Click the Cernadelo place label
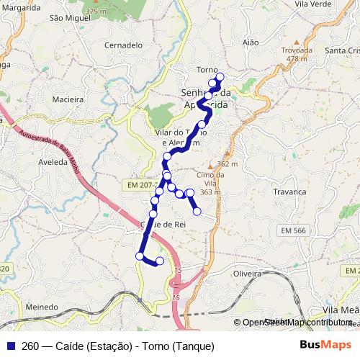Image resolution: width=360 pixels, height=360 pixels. click(123, 45)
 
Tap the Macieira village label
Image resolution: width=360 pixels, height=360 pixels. click(68, 99)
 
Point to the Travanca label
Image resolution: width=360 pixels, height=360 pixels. click(290, 192)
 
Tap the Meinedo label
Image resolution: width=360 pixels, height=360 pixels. click(41, 307)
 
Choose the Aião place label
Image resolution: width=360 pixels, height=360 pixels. click(251, 43)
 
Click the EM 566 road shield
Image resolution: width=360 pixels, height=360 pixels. click(292, 230)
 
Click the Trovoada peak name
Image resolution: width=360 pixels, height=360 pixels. click(297, 50)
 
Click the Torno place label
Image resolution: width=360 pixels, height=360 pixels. click(207, 70)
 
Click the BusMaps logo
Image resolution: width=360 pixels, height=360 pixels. click(326, 344)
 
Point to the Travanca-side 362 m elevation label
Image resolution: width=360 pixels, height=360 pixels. click(227, 164)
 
